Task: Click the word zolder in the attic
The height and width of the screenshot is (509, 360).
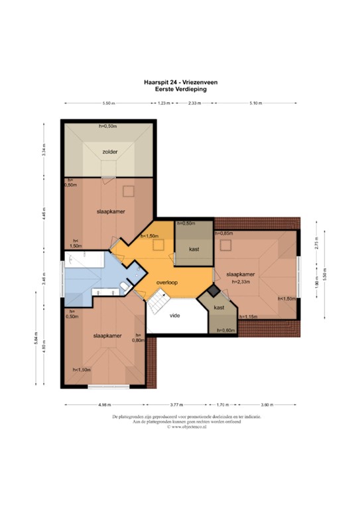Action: click(x=109, y=152)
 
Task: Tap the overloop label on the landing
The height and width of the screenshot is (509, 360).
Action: click(x=168, y=283)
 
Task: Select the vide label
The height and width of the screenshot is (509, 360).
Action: click(x=175, y=315)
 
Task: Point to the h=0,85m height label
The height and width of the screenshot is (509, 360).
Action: click(x=223, y=233)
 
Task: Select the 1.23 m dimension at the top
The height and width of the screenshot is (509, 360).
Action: click(x=166, y=103)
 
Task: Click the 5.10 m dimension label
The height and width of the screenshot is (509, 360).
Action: click(x=255, y=103)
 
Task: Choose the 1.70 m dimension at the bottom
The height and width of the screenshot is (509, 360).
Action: click(x=222, y=404)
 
